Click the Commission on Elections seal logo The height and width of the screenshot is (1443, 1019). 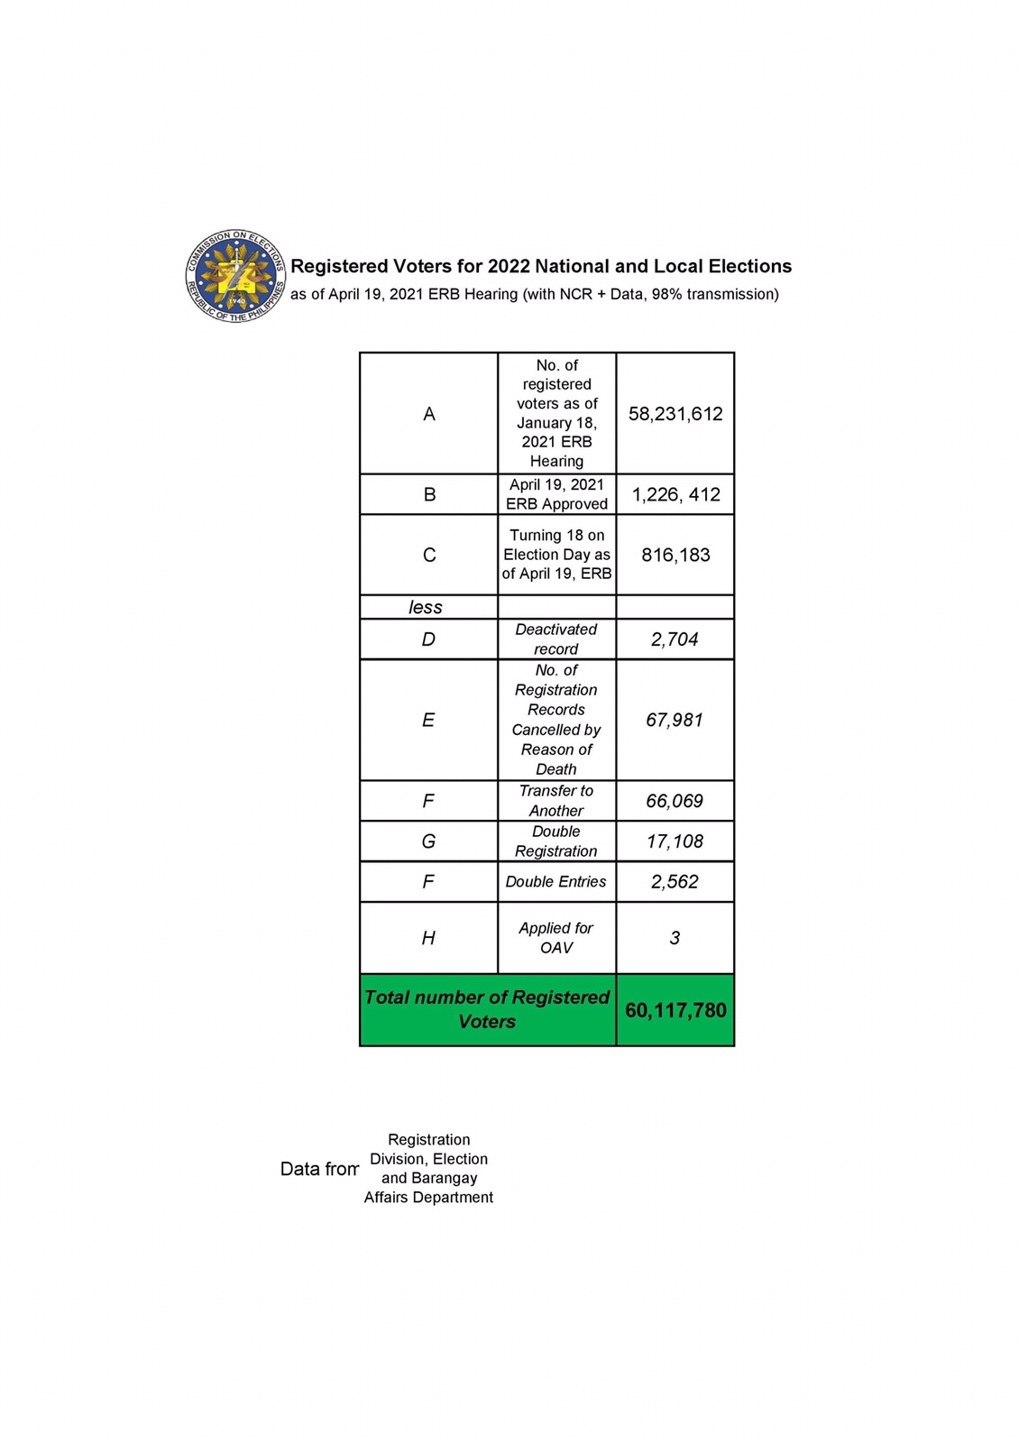pos(235,277)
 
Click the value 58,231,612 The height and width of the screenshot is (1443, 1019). pos(675,414)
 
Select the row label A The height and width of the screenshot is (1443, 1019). pos(429,414)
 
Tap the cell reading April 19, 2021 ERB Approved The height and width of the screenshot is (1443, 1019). pos(556,494)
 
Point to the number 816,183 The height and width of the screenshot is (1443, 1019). pos(675,555)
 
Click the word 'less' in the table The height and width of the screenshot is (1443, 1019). pos(426,607)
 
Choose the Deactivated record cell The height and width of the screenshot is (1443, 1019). pos(556,639)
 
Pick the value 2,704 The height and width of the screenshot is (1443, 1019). pos(675,639)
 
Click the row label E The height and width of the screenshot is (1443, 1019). pos(428,720)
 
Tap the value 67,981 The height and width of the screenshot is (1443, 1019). pos(675,720)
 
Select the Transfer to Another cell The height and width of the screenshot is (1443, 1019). pos(556,801)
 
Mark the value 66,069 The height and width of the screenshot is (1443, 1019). pos(675,801)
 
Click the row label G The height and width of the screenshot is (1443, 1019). pos(428,841)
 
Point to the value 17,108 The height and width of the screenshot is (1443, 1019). pos(675,841)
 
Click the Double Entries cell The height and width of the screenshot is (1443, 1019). pos(556,882)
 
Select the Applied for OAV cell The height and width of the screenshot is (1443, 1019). pos(556,938)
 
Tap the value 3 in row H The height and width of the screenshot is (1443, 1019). pos(675,938)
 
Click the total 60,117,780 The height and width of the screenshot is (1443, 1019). pos(675,1010)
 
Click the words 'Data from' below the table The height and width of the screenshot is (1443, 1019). pos(319,1170)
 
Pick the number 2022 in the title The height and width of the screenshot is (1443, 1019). pos(509,266)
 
